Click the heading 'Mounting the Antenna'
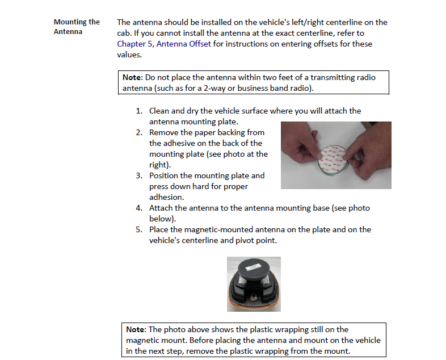(77, 27)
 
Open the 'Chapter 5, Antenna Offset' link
(164, 44)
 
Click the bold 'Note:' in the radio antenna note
(133, 77)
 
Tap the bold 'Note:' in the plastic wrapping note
(136, 329)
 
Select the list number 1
(139, 111)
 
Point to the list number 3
(139, 175)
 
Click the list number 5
(139, 229)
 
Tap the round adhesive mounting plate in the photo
(332, 160)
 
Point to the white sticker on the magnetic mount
(253, 267)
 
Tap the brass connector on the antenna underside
(253, 298)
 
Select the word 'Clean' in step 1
(159, 111)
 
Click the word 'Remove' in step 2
(164, 132)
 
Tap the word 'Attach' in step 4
(161, 208)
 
